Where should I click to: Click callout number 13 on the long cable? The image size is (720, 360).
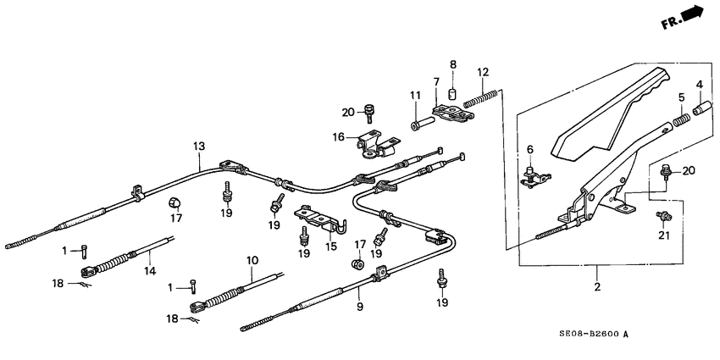198,147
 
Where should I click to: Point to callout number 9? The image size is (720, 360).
359,306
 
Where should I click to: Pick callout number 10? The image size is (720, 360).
252,259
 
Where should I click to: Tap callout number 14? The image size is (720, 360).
150,271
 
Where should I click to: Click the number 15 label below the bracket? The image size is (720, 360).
332,246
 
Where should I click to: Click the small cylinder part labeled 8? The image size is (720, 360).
452,94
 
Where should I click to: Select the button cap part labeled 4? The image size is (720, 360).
701,109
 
